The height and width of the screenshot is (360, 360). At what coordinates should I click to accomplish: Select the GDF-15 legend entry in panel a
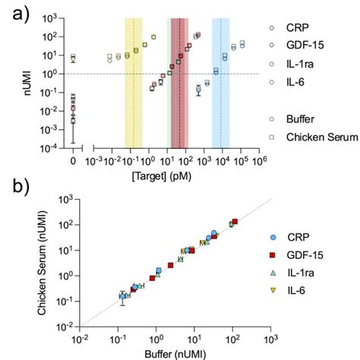click(x=310, y=46)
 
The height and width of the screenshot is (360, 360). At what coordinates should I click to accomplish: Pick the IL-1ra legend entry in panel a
click(x=306, y=65)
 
